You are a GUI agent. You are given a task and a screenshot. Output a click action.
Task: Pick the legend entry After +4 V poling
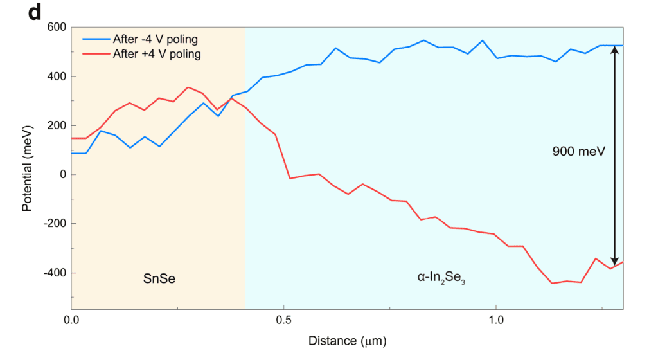coord(156,55)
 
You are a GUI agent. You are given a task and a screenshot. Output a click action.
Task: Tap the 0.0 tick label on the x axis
coord(71,319)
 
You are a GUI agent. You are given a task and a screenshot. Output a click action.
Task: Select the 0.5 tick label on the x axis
coord(283,319)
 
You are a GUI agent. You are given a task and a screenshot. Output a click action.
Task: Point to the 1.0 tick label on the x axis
coord(495,319)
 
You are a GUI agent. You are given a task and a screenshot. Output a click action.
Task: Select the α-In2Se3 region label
coord(440,279)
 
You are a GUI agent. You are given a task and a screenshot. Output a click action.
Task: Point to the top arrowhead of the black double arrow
coord(614,50)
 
